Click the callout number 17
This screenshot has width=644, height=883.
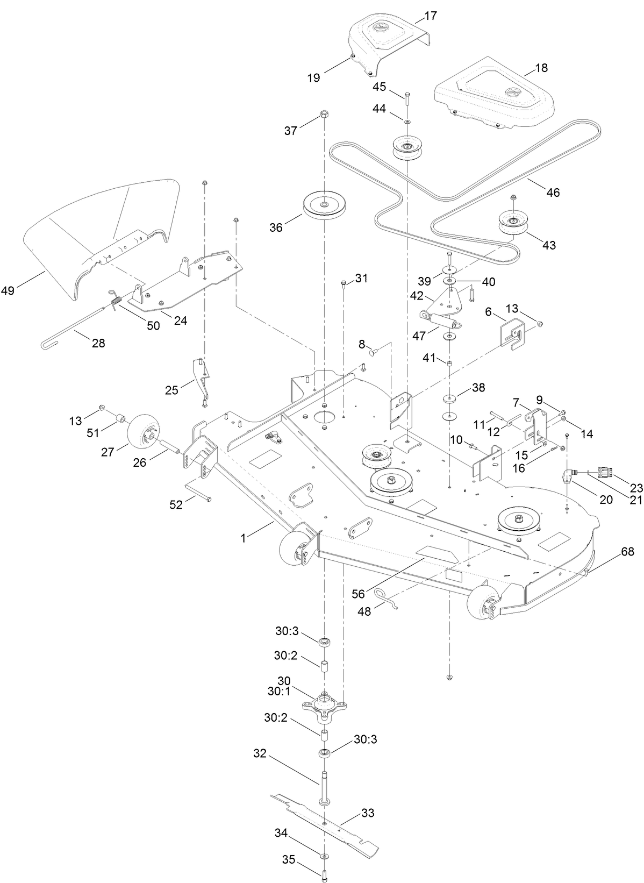coord(431,16)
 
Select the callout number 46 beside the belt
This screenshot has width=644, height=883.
coord(553,192)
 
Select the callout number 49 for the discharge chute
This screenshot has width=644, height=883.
coord(8,291)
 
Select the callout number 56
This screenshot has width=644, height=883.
coord(358,594)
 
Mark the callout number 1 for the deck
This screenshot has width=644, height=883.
coord(243,538)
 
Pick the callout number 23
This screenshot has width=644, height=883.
coord(636,488)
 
